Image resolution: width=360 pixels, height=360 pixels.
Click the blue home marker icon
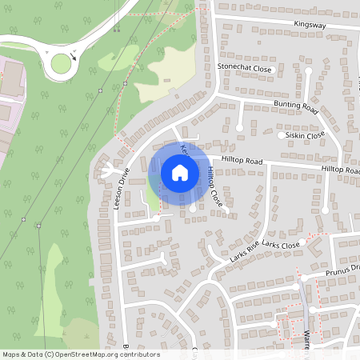pyautogui.click(x=180, y=172)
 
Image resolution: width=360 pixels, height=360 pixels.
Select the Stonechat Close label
pyautogui.click(x=245, y=70)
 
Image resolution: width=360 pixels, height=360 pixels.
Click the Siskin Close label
pyautogui.click(x=306, y=135)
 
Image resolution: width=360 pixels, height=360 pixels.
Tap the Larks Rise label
pyautogui.click(x=244, y=254)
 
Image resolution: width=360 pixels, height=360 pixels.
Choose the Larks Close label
pyautogui.click(x=280, y=244)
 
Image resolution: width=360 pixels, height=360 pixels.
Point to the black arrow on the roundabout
pyautogui.click(x=74, y=55)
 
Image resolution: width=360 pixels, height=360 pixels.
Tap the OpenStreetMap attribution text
pyautogui.click(x=80, y=354)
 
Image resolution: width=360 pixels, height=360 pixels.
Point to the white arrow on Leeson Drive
pyautogui.click(x=106, y=170)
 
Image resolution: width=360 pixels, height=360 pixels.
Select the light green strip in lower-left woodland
pyautogui.click(x=52, y=288)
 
